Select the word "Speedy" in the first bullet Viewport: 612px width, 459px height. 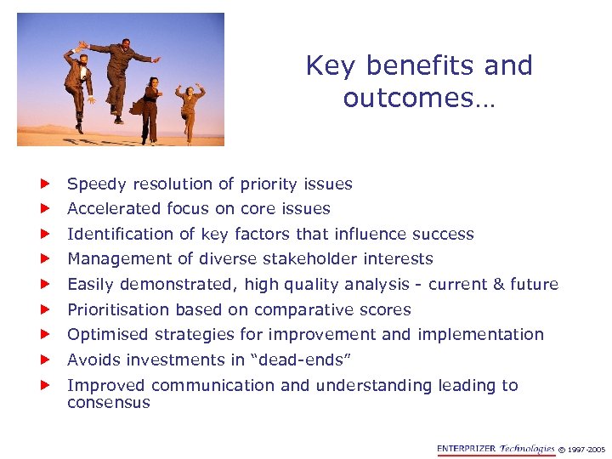(x=96, y=184)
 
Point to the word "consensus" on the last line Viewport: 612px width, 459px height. (x=108, y=403)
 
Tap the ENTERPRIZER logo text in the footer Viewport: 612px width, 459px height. (x=466, y=449)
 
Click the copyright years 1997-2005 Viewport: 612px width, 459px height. (x=583, y=450)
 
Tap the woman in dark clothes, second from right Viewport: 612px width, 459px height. (x=150, y=108)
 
